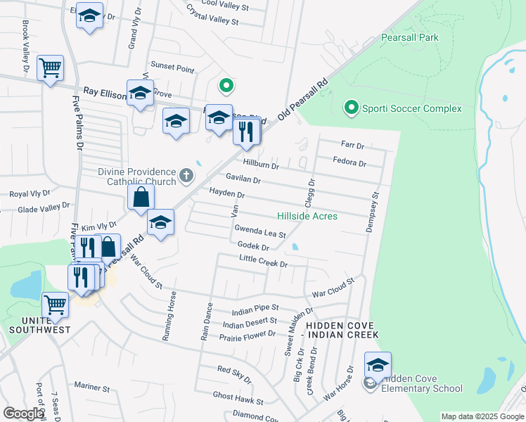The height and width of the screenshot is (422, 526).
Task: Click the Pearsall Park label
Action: [409, 37]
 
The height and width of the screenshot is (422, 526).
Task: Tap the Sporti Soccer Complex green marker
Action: [351, 108]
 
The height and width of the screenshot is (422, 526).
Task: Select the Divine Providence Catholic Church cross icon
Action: [186, 175]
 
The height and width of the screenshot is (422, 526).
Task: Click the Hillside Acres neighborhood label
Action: [307, 216]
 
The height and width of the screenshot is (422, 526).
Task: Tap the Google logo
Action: [23, 414]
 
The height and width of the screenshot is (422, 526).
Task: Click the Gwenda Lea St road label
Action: [260, 233]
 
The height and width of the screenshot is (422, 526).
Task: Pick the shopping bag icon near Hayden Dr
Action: [141, 199]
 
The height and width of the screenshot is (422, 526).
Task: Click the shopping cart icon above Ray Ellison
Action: [51, 69]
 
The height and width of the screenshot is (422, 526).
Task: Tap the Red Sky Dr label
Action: [234, 374]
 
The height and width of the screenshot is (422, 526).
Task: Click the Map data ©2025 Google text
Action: [482, 416]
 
